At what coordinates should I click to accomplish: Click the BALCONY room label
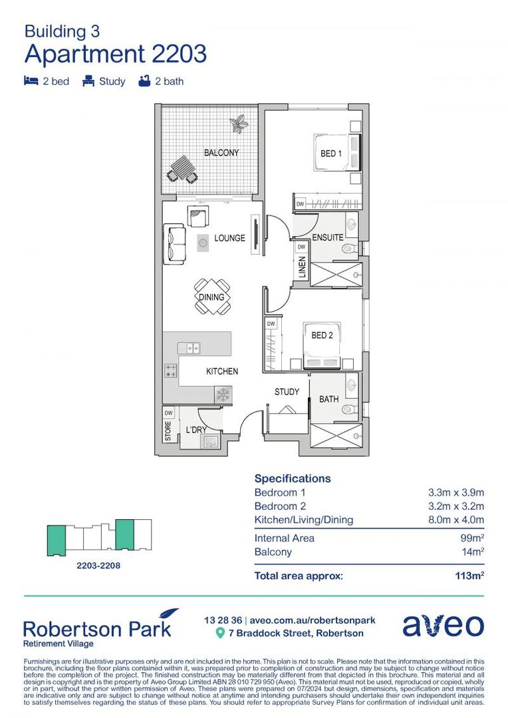221,153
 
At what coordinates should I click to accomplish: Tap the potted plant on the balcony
238,122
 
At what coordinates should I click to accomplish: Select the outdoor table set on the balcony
182,169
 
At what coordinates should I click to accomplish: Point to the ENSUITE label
327,237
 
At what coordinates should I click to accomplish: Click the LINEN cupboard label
301,268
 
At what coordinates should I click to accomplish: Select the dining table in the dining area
212,297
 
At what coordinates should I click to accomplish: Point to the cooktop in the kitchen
171,372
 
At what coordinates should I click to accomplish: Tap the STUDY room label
287,392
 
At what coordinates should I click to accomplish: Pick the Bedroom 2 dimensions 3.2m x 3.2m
455,506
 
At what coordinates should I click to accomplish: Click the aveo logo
443,626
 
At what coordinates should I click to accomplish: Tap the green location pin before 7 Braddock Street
220,634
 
